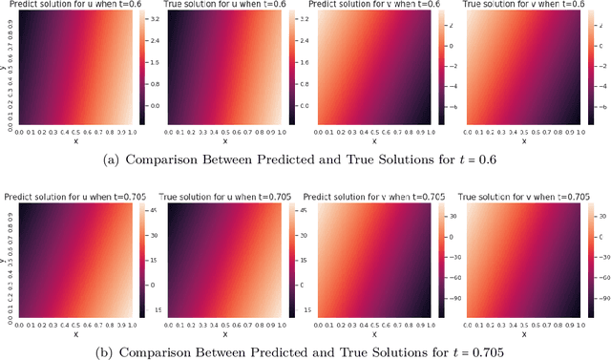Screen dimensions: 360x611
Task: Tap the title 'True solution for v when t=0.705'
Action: [x=528, y=196]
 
